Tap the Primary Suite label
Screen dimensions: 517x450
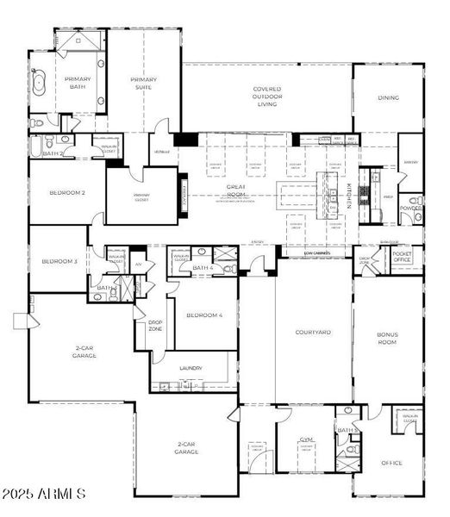(143, 84)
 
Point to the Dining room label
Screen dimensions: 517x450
(388, 97)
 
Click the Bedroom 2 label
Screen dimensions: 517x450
(66, 193)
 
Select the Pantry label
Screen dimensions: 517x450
(410, 162)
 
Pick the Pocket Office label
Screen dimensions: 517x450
(402, 257)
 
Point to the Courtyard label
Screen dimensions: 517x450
(312, 332)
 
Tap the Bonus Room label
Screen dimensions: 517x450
(387, 337)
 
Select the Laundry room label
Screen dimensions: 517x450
(191, 368)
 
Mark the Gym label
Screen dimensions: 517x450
(305, 439)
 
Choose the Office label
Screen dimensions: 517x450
(391, 463)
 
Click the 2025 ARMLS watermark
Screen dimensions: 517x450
(44, 494)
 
